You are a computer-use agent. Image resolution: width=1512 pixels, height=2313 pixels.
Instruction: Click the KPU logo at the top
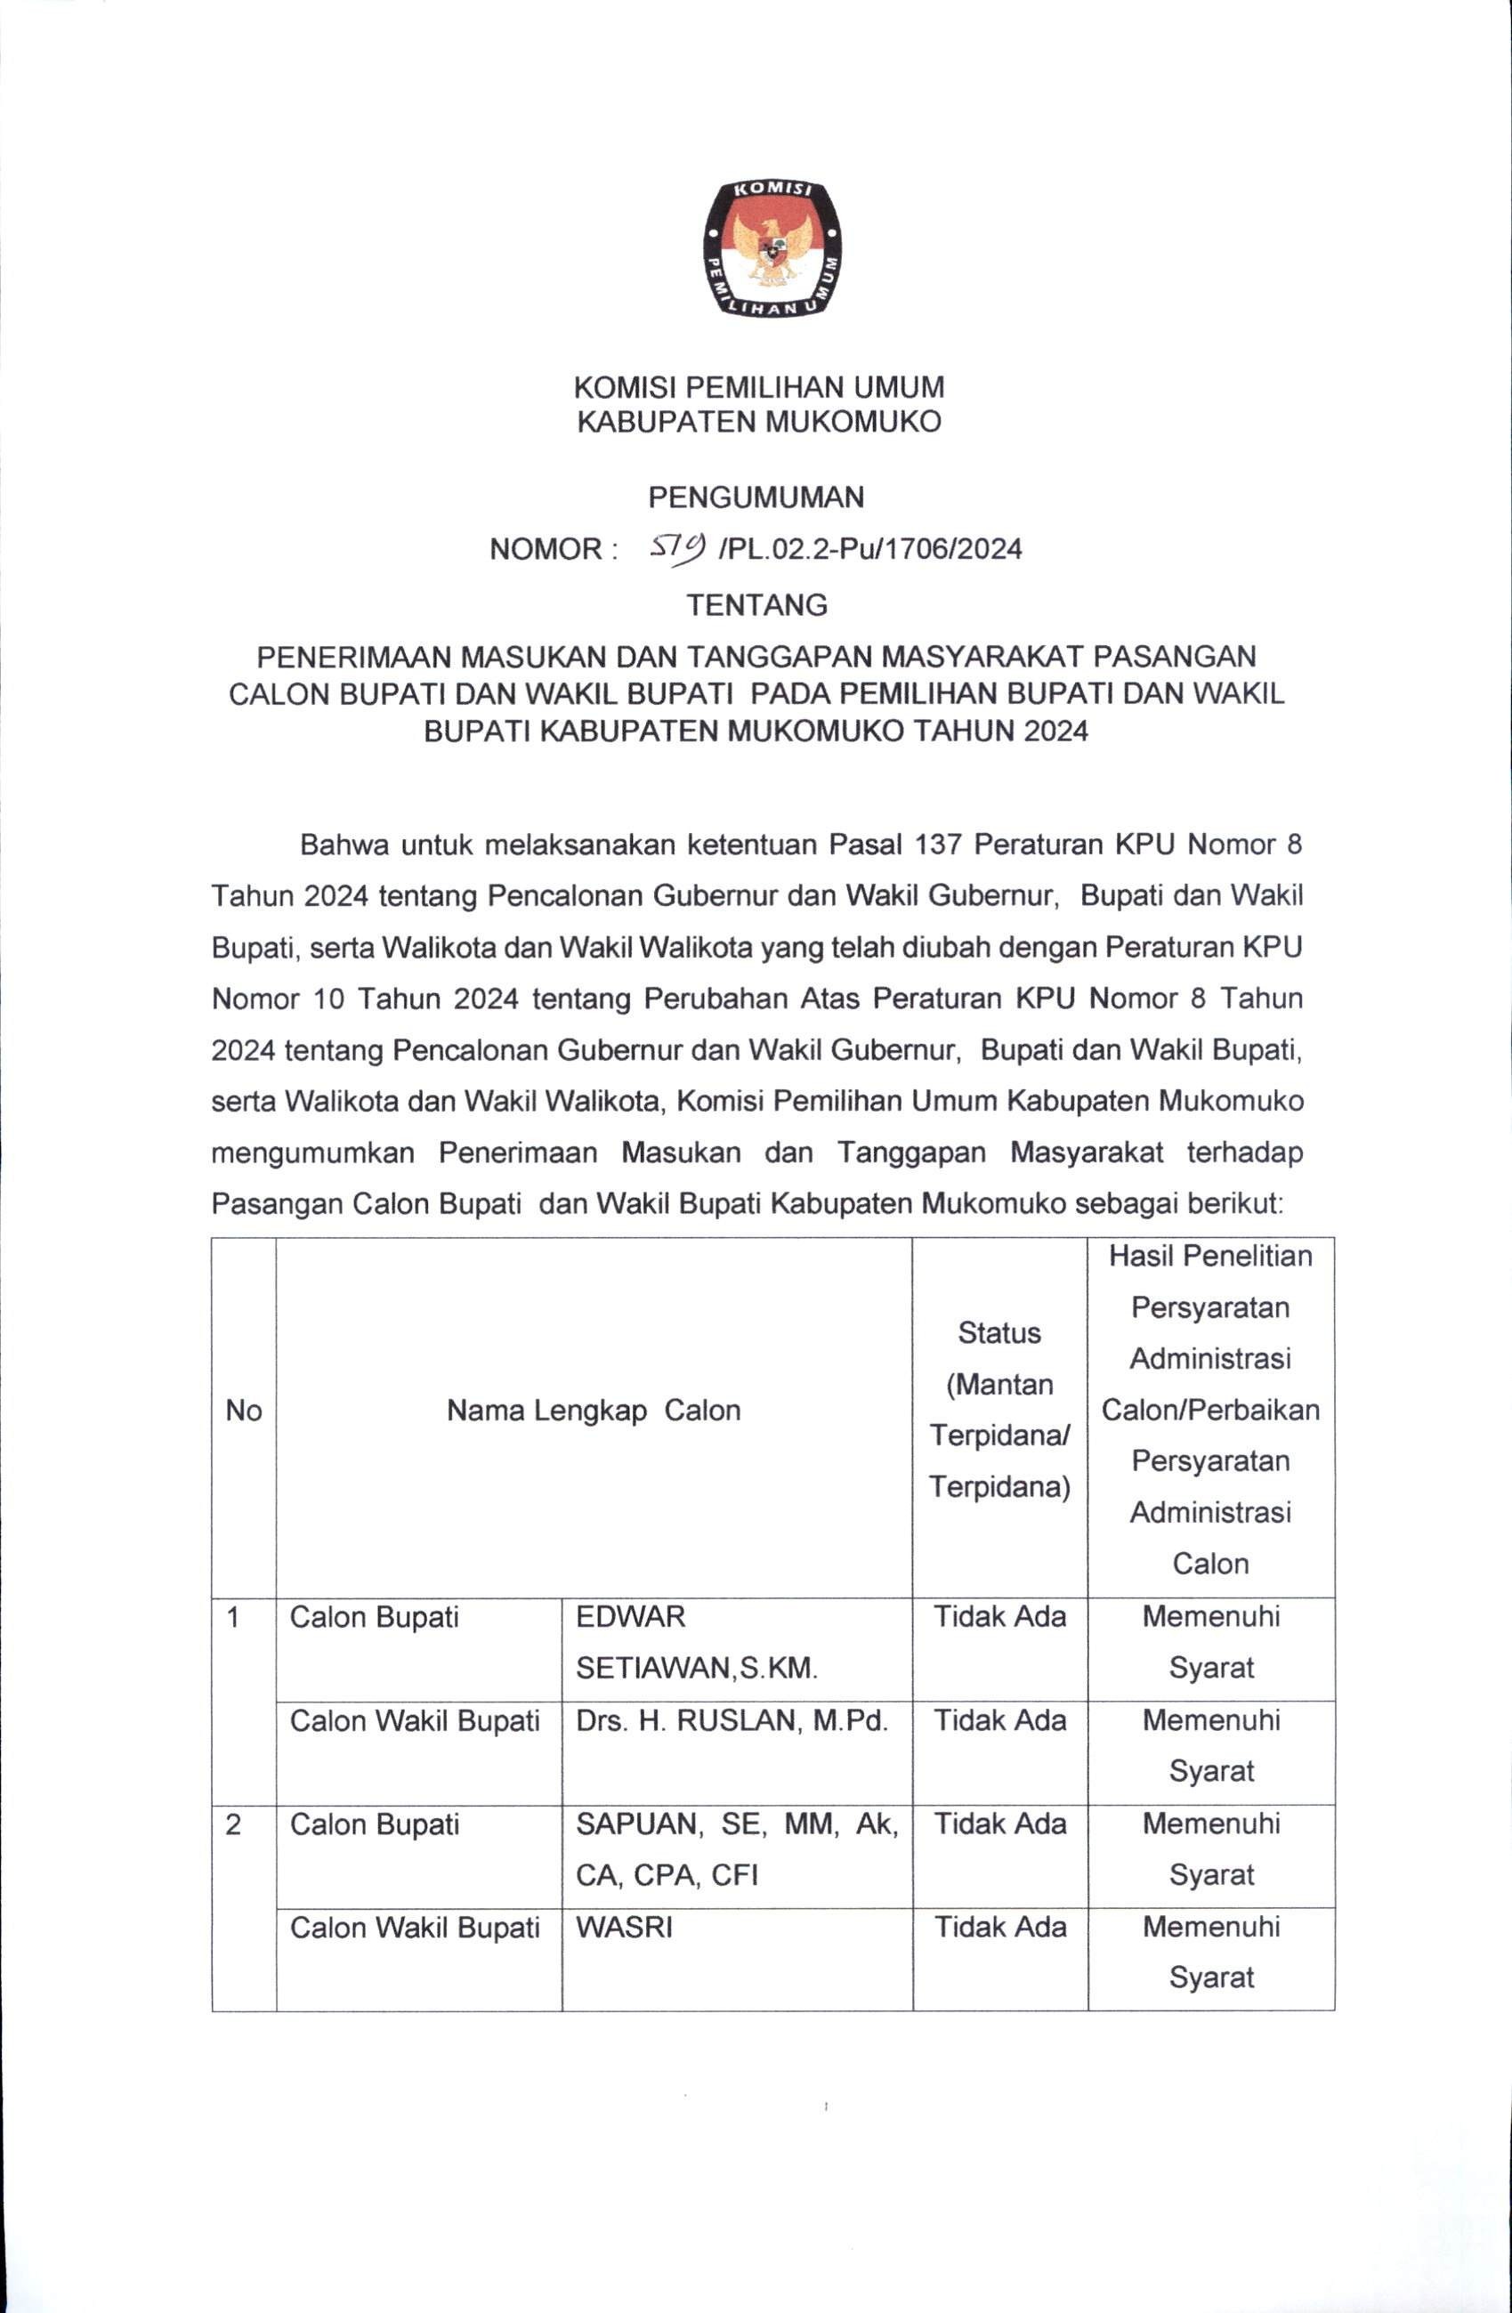pos(773,249)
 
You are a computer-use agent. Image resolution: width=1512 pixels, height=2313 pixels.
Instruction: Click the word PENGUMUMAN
pos(756,497)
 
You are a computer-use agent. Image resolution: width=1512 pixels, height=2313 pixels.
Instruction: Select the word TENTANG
pos(757,605)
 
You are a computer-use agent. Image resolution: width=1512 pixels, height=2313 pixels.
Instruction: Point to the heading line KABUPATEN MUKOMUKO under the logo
pos(759,423)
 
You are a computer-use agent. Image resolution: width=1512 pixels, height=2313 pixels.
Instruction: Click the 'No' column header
pos(244,1411)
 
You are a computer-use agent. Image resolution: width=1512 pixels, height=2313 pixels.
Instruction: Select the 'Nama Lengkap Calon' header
pos(593,1411)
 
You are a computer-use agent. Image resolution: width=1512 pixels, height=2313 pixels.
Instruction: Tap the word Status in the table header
pos(999,1332)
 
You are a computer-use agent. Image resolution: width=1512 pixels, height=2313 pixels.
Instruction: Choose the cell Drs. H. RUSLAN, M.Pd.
pos(732,1721)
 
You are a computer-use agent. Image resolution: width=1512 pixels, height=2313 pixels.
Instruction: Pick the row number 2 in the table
pos(233,1824)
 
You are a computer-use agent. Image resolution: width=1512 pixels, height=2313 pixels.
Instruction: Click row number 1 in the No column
pos(233,1617)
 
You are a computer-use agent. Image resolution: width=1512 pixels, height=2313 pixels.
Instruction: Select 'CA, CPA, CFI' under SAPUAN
pos(667,1875)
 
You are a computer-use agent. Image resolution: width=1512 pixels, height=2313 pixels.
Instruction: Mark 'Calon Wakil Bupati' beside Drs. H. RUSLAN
pos(415,1721)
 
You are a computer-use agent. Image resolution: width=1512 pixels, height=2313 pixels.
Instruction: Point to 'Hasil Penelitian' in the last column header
pos(1209,1256)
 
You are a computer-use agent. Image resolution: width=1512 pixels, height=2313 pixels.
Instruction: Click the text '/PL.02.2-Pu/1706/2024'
pos(868,550)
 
